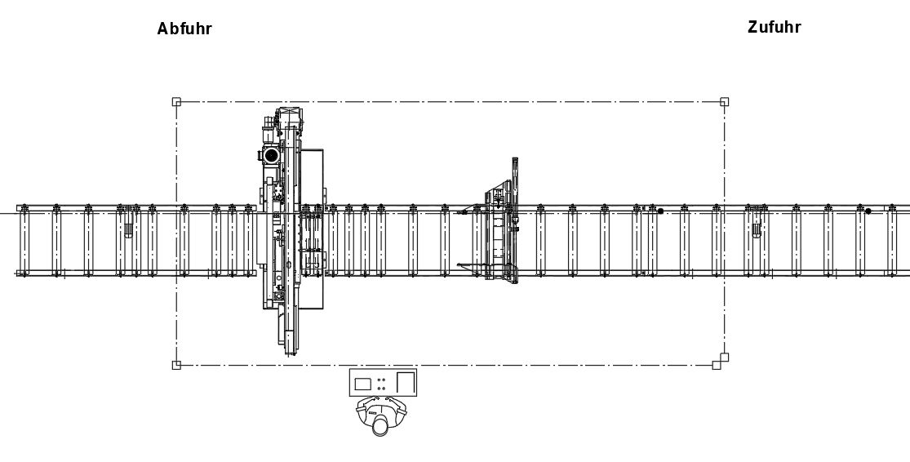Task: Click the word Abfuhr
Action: [x=184, y=29]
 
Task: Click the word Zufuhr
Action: [x=775, y=27]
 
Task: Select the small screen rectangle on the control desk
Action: [x=362, y=384]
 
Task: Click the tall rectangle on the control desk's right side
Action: [x=406, y=383]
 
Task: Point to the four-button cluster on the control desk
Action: [x=382, y=384]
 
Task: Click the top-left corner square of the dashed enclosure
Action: [x=176, y=102]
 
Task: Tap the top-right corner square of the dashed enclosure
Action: [x=724, y=102]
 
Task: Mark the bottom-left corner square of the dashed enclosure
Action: [x=176, y=365]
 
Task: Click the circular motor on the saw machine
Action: [x=271, y=156]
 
